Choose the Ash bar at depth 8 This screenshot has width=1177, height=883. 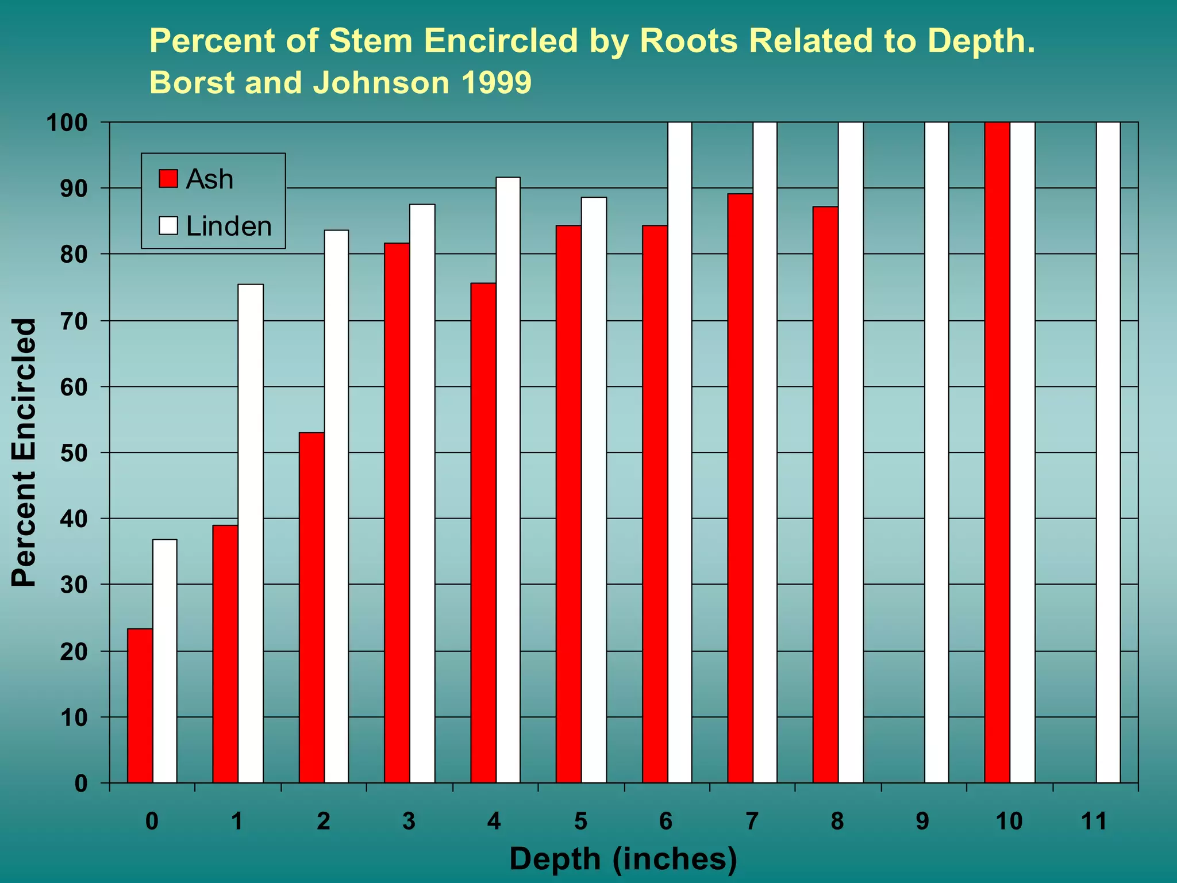click(x=825, y=494)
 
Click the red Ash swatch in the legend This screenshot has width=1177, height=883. click(x=168, y=179)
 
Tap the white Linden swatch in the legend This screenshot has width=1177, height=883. click(x=168, y=225)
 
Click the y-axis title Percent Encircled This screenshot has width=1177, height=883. click(x=24, y=452)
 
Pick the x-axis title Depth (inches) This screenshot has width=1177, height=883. click(x=623, y=859)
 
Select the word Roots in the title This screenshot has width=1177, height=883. click(x=688, y=41)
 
